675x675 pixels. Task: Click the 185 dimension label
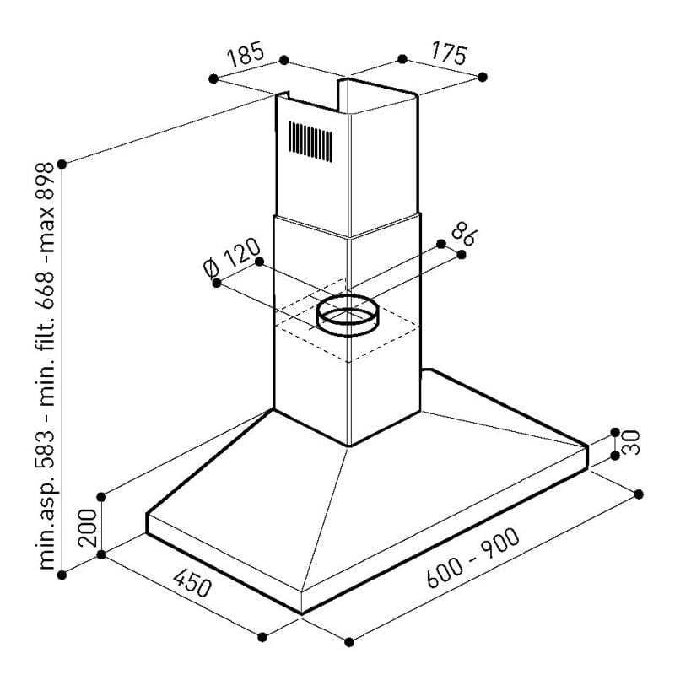[x=245, y=57]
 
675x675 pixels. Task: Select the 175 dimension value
[x=447, y=55]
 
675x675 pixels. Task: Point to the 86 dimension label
[x=462, y=233]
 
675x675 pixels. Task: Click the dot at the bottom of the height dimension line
[x=62, y=575]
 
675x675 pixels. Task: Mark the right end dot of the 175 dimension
[x=483, y=77]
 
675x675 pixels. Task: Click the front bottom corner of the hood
[x=301, y=613]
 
